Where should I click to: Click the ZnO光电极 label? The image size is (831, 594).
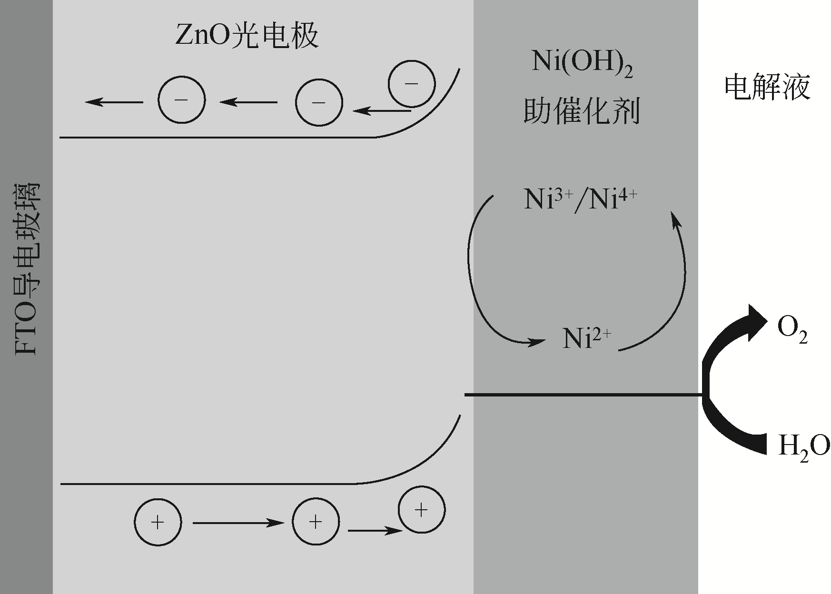pyautogui.click(x=247, y=36)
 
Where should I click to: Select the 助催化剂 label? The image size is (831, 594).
pyautogui.click(x=581, y=112)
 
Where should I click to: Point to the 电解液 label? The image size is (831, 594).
pyautogui.click(x=767, y=88)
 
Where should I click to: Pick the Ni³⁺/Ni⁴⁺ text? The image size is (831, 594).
pyautogui.click(x=580, y=199)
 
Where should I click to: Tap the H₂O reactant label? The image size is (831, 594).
pyautogui.click(x=803, y=446)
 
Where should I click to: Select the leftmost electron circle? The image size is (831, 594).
pyautogui.click(x=181, y=100)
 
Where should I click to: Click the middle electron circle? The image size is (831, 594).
pyautogui.click(x=318, y=102)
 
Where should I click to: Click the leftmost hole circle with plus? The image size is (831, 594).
pyautogui.click(x=158, y=522)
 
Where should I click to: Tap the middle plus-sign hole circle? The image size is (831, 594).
pyautogui.click(x=316, y=522)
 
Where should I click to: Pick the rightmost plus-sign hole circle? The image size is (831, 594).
pyautogui.click(x=421, y=510)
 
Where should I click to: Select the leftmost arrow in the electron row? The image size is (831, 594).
pyautogui.click(x=114, y=101)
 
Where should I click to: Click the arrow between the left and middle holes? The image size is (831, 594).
pyautogui.click(x=238, y=523)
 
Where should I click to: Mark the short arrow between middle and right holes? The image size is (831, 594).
pyautogui.click(x=375, y=530)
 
